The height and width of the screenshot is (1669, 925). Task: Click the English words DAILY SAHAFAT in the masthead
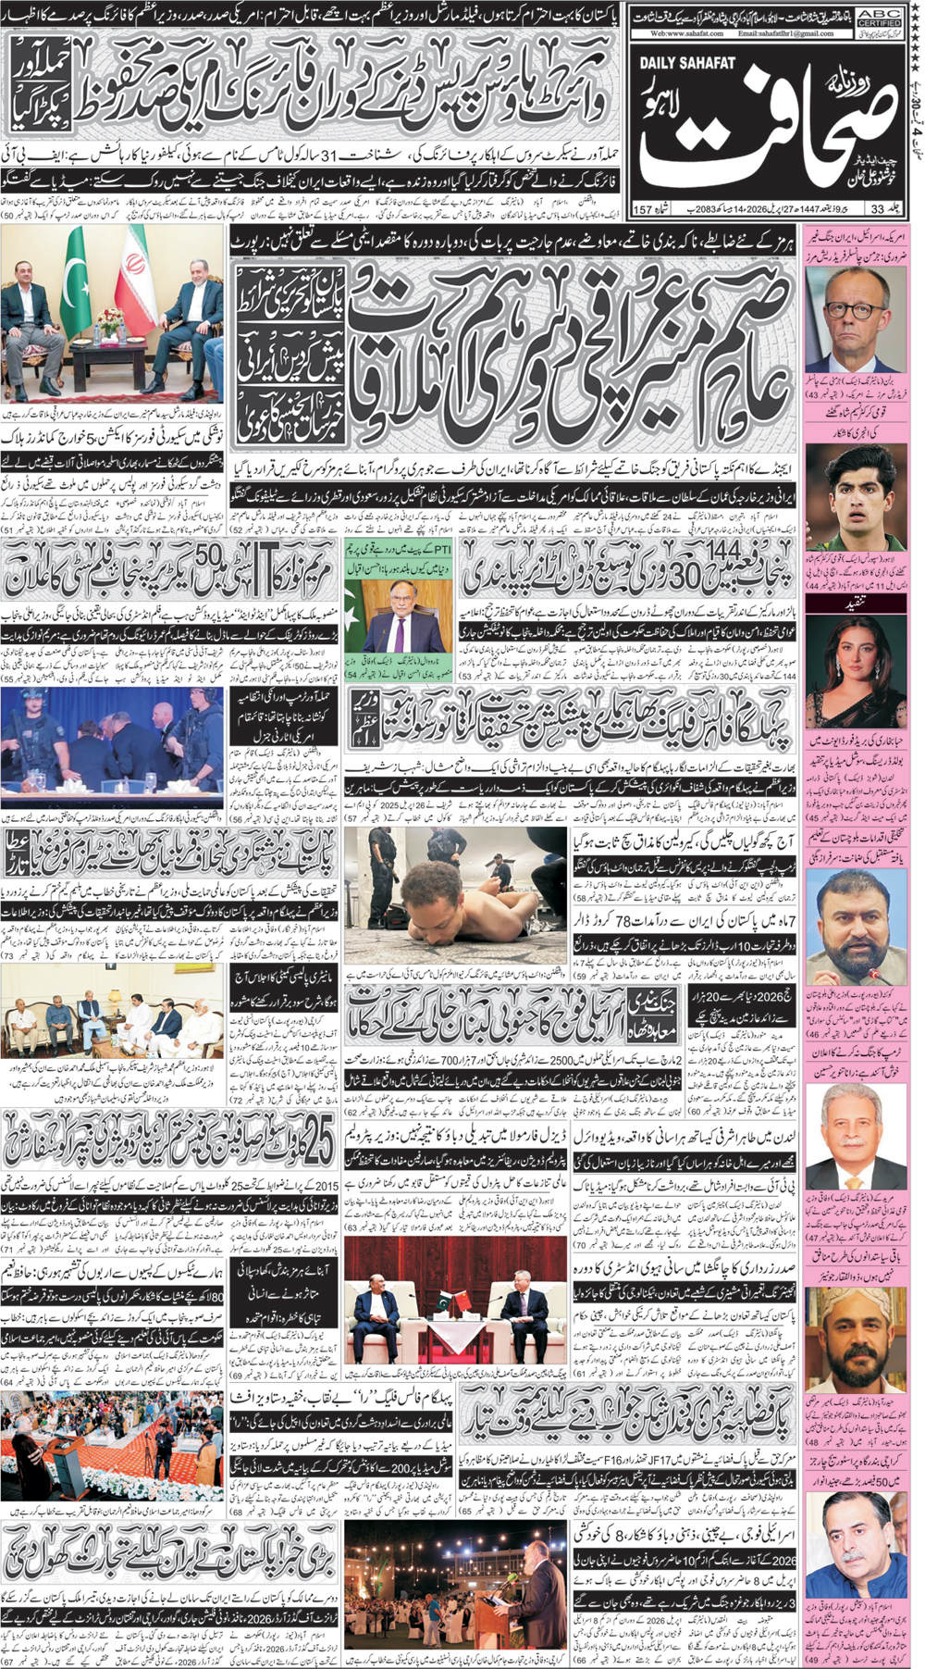(686, 62)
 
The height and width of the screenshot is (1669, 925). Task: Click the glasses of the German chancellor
(842, 314)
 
